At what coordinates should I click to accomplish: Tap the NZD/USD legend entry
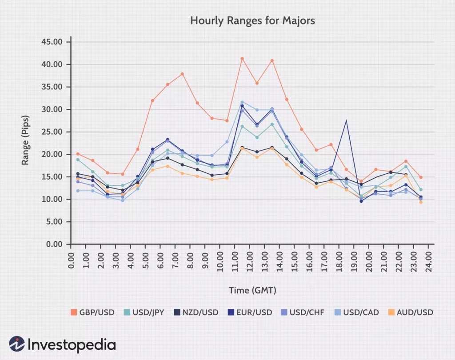(x=197, y=312)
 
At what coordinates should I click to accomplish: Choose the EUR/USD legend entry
(x=251, y=312)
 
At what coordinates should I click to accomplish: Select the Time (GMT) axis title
(x=252, y=290)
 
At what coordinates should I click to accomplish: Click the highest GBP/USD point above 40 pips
(x=242, y=58)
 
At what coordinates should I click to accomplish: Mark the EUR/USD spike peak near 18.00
(x=346, y=120)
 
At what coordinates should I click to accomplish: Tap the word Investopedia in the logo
(x=72, y=344)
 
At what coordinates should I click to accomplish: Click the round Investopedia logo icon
(x=17, y=344)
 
